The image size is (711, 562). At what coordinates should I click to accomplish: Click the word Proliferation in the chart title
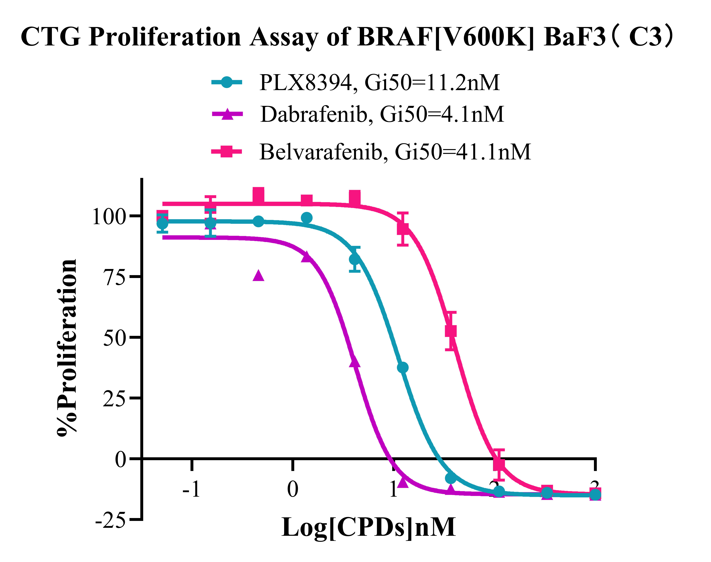165,37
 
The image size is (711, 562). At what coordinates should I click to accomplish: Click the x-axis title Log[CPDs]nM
369,527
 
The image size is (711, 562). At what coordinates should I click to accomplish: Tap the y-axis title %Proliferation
67,347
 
